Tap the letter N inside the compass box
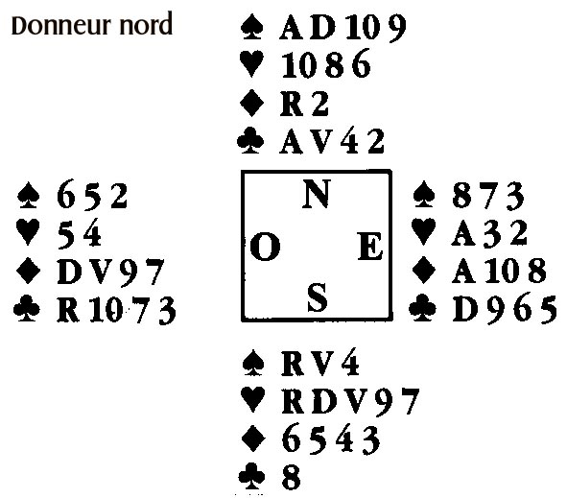316,194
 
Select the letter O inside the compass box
265,247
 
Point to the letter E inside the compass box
370,247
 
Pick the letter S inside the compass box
318,297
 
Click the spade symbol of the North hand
251,27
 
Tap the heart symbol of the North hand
251,64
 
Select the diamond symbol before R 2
251,103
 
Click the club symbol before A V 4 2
250,141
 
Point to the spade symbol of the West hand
28,196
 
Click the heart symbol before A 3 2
423,232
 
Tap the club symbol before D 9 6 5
422,309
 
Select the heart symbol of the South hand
253,400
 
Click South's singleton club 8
291,478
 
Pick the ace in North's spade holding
293,27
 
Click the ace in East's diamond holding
463,271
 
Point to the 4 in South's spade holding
350,363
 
